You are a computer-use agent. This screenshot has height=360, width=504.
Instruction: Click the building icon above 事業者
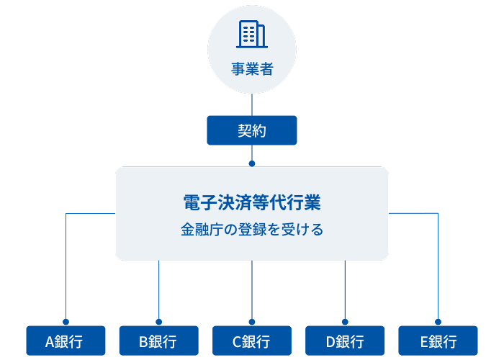point(251,34)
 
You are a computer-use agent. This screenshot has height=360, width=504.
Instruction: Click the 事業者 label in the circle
point(252,70)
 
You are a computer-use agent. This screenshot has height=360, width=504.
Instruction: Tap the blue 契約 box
point(252,130)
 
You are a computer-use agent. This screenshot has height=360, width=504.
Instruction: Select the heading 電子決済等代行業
point(252,203)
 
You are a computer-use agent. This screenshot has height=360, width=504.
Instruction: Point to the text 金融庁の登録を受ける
point(252,231)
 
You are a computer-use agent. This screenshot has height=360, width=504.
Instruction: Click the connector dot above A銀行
point(66,322)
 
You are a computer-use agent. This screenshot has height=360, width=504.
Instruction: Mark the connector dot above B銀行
point(158,322)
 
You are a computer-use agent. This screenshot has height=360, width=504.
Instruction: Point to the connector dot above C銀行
point(252,322)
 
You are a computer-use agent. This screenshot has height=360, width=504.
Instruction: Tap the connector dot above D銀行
point(345,322)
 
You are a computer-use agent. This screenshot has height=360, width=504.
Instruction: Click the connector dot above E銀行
point(438,322)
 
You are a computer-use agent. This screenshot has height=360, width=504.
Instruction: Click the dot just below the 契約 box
point(252,163)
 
